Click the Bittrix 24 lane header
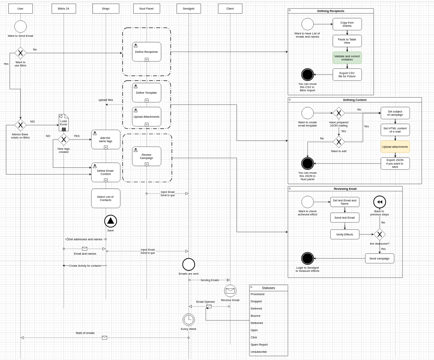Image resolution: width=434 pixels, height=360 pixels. pyautogui.click(x=64, y=8)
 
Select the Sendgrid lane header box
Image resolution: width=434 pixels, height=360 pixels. pyautogui.click(x=189, y=8)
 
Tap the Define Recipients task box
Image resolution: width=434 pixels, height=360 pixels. pyautogui.click(x=147, y=52)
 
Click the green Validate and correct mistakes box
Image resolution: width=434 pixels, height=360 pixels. pyautogui.click(x=347, y=58)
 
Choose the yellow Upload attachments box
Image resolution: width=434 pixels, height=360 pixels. pyautogui.click(x=395, y=147)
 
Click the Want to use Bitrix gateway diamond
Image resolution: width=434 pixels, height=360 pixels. pyautogui.click(x=20, y=53)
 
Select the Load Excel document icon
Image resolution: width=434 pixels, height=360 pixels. pyautogui.click(x=64, y=123)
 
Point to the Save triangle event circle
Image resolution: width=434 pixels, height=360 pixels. pyautogui.click(x=111, y=221)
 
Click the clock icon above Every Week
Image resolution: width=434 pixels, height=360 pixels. pyautogui.click(x=189, y=320)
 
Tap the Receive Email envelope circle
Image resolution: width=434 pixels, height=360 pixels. pyautogui.click(x=230, y=291)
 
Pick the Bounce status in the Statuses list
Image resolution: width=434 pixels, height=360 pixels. pyautogui.click(x=255, y=316)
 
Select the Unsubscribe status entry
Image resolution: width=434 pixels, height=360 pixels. pyautogui.click(x=259, y=352)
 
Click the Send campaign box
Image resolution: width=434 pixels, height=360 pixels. pyautogui.click(x=380, y=258)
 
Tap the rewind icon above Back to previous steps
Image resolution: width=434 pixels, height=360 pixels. pyautogui.click(x=380, y=202)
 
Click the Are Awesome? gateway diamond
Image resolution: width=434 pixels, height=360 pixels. pyautogui.click(x=380, y=235)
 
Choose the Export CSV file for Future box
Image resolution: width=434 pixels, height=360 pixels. pyautogui.click(x=347, y=75)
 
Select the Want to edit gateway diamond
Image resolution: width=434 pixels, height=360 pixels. pyautogui.click(x=339, y=142)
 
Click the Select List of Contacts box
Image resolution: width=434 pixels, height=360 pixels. pyautogui.click(x=106, y=198)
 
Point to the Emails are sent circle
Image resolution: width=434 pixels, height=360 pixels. pyautogui.click(x=189, y=264)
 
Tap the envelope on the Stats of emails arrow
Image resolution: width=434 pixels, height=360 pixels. pyautogui.click(x=104, y=338)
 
